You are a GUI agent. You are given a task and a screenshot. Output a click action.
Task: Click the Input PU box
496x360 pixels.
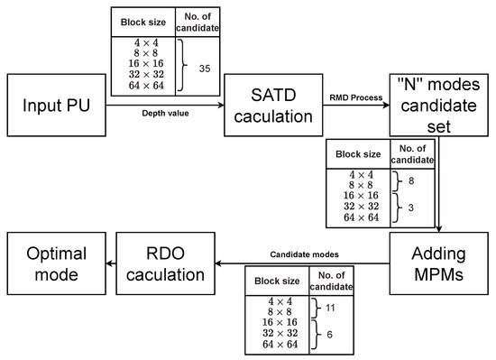(x=56, y=107)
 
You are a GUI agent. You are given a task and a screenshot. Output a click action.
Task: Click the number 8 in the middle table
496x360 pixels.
(x=411, y=180)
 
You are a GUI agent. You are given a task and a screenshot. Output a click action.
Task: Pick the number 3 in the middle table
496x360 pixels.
(x=411, y=207)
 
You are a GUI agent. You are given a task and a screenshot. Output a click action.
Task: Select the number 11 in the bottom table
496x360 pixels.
(x=331, y=308)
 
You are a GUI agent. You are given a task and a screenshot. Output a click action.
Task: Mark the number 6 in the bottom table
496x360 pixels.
(x=331, y=334)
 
